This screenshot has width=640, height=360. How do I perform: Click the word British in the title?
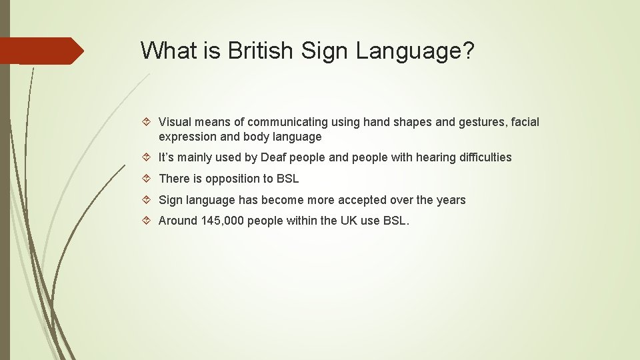pos(261,50)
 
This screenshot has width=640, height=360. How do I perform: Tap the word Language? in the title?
pos(414,50)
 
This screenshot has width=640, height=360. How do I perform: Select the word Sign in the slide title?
pos(325,50)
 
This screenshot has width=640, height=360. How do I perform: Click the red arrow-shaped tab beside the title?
pos(41,51)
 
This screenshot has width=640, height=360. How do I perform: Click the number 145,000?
pos(223,221)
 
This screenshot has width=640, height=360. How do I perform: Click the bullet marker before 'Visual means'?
pos(149,122)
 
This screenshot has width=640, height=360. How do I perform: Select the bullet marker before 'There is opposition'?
pos(149,179)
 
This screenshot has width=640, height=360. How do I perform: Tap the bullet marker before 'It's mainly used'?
pos(149,157)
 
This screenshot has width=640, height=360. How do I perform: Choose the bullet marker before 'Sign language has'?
pos(149,200)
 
